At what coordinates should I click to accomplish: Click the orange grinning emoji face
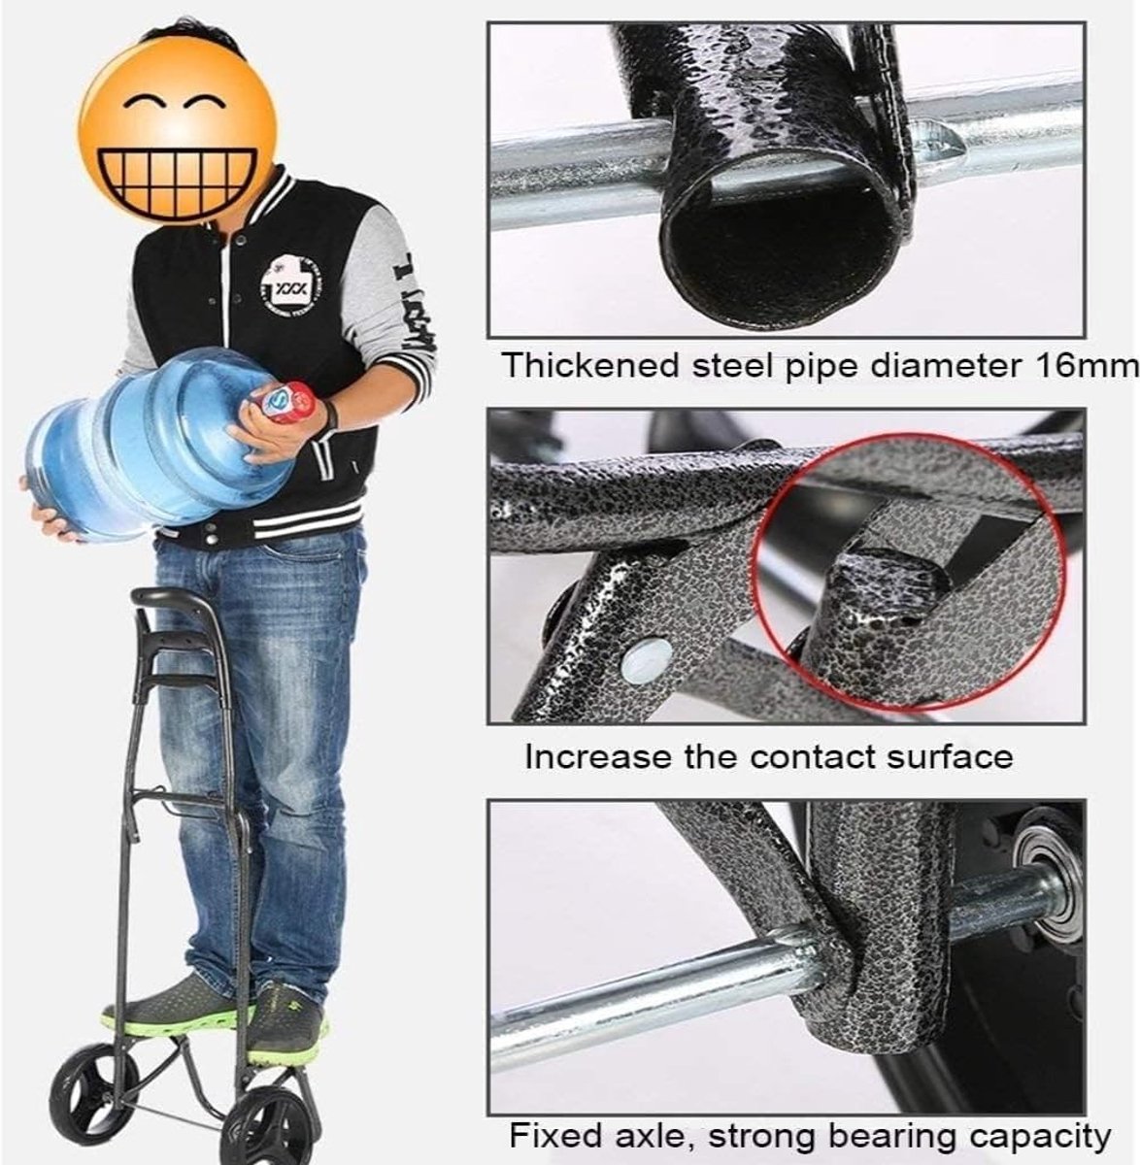178,130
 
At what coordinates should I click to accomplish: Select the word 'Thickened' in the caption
591,365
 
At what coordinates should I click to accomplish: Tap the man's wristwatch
329,415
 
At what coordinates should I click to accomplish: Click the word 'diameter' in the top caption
946,365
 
